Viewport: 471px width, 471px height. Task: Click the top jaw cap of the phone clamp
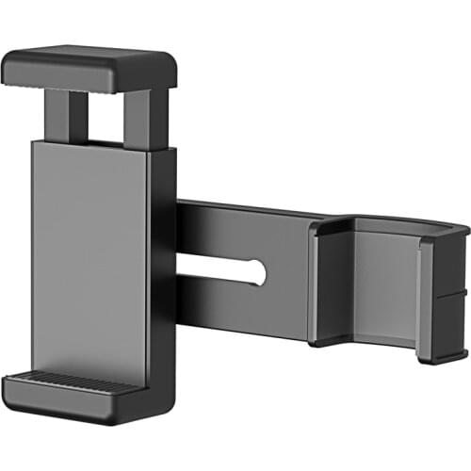89,70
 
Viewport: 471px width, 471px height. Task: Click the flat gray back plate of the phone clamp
89,254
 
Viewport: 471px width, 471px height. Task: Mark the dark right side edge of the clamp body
161,264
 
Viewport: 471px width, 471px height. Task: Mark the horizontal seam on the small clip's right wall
450,296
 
